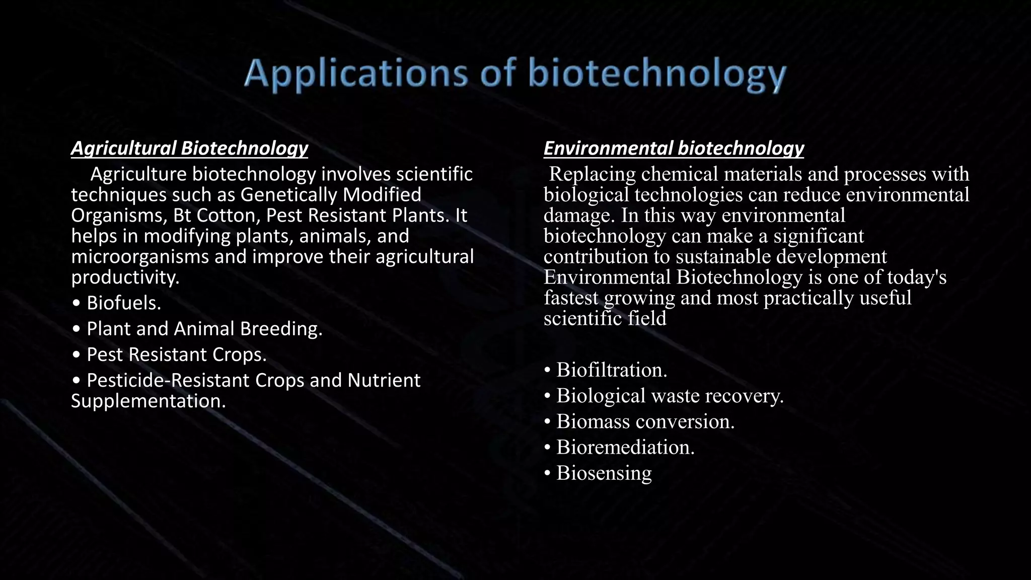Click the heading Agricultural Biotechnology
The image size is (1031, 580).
click(189, 148)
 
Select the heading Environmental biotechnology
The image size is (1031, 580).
click(674, 148)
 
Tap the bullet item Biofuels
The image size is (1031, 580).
click(123, 303)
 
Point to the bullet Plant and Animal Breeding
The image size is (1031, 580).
click(204, 329)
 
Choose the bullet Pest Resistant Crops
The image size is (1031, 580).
click(176, 354)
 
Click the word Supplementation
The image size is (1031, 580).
click(148, 401)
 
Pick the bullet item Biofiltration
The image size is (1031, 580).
click(611, 370)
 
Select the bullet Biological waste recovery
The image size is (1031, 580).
click(670, 396)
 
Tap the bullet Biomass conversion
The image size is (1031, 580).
click(645, 421)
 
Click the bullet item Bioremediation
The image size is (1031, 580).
click(625, 447)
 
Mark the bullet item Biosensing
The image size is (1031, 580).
click(604, 473)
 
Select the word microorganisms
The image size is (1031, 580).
click(140, 257)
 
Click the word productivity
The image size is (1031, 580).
click(125, 277)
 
